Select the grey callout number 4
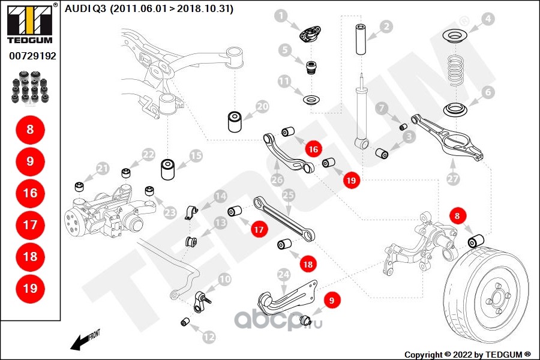coord(488,19)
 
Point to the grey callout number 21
coord(103,169)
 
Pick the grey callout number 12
coord(208,338)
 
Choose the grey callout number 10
coord(224,279)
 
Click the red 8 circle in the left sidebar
coord(30,129)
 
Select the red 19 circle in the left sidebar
coord(30,288)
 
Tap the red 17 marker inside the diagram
coord(258,229)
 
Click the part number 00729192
coord(32,56)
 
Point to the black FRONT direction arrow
coord(78,343)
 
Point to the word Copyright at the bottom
coord(424,354)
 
